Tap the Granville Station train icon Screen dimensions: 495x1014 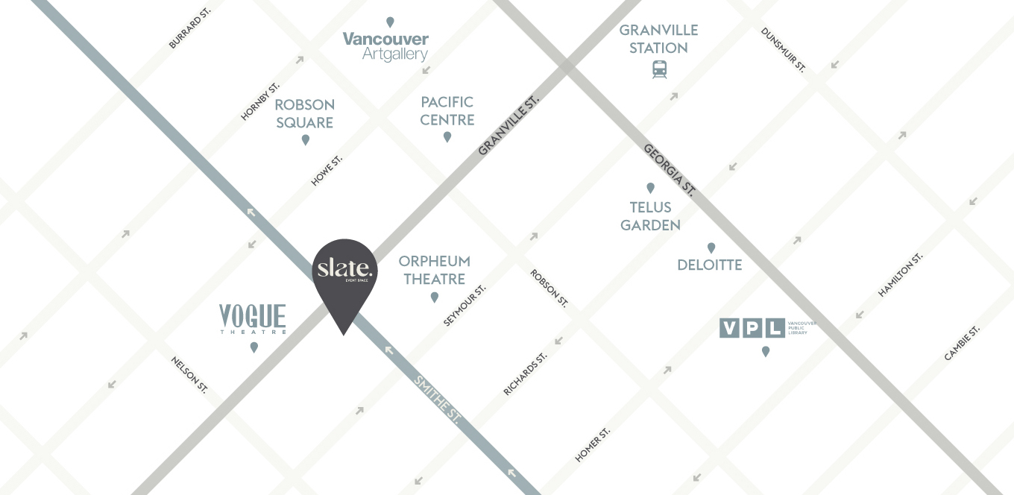[659, 69]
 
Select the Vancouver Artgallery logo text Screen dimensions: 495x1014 [385, 46]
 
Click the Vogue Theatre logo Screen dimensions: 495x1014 [252, 319]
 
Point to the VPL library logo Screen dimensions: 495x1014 [752, 328]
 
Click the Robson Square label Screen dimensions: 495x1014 [304, 113]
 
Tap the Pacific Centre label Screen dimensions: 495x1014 [447, 110]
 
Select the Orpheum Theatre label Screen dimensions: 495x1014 [434, 270]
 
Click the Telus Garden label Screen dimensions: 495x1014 [650, 216]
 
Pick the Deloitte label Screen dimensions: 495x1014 [709, 265]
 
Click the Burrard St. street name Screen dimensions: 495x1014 [189, 30]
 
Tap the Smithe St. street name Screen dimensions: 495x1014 [435, 400]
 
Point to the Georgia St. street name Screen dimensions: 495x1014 [670, 171]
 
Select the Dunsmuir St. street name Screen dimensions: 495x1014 [783, 50]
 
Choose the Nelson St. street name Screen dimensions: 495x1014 [189, 374]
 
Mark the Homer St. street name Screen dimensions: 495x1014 [593, 444]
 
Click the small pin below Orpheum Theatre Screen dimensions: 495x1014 [435, 297]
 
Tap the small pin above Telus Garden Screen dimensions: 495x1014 [650, 188]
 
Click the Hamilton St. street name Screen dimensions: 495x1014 [900, 274]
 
